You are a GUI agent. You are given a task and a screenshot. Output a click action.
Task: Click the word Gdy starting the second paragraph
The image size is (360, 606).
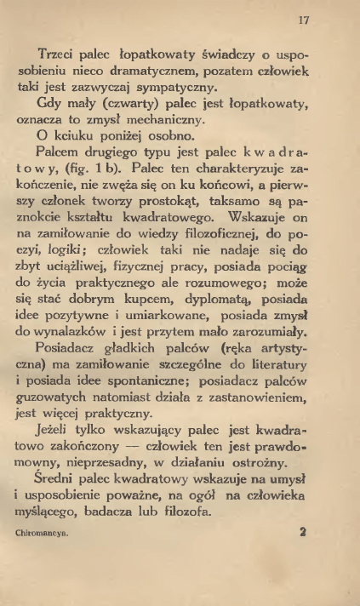(x=53, y=104)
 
